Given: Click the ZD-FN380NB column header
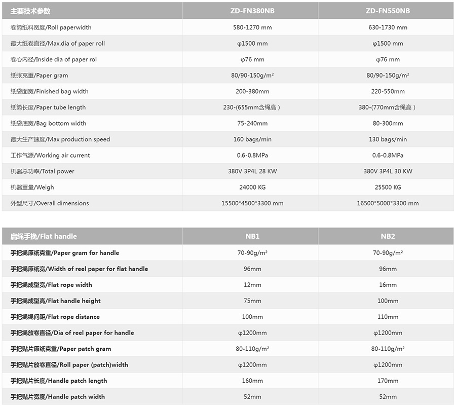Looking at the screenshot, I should [252, 11].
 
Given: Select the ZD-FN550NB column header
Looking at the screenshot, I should [388, 11].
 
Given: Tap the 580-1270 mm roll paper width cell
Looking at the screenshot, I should [252, 27].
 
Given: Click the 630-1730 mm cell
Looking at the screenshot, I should [388, 27].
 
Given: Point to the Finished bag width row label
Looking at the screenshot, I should [49, 91].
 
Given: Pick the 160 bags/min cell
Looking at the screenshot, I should [252, 139].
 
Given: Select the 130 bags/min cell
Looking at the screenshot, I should [388, 139].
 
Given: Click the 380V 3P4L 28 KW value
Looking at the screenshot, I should [252, 171].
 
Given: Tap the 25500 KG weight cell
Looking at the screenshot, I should [388, 187].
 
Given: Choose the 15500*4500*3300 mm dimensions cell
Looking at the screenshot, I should [252, 203].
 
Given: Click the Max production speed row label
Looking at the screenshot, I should [60, 139].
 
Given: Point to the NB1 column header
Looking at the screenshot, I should [252, 236].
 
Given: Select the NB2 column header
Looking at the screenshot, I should [388, 236].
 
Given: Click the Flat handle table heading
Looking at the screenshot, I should [44, 236].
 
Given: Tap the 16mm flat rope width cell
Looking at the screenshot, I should [388, 285].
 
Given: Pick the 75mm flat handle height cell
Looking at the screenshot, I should [252, 301].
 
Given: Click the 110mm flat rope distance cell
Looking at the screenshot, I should [388, 317].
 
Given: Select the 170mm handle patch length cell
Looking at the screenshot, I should [388, 381].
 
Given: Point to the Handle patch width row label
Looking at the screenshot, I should [58, 397].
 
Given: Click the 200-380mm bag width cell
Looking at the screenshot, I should [252, 91].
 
